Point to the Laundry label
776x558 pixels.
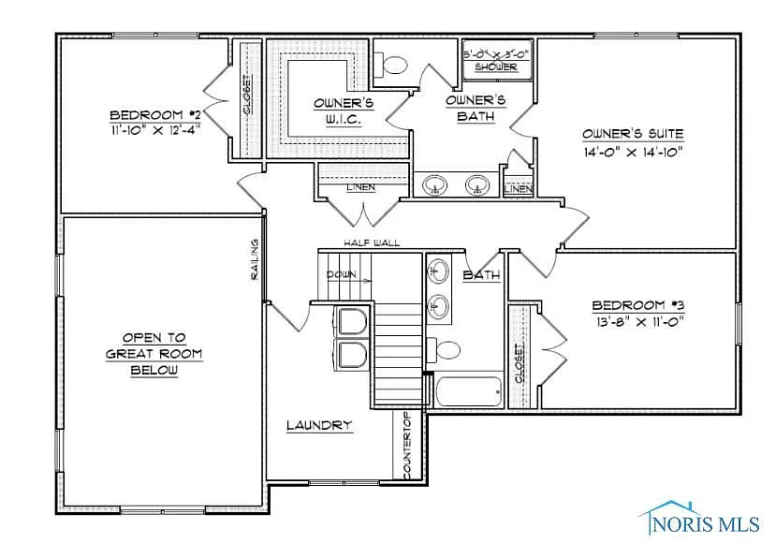(x=319, y=425)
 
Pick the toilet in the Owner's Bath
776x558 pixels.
(x=392, y=65)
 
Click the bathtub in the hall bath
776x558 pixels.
(x=469, y=390)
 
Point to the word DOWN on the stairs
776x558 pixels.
(x=342, y=274)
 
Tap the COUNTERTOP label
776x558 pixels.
(x=407, y=447)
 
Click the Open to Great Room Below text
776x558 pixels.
(x=154, y=353)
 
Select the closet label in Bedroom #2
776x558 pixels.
(x=247, y=95)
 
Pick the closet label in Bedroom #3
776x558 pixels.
(x=520, y=361)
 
